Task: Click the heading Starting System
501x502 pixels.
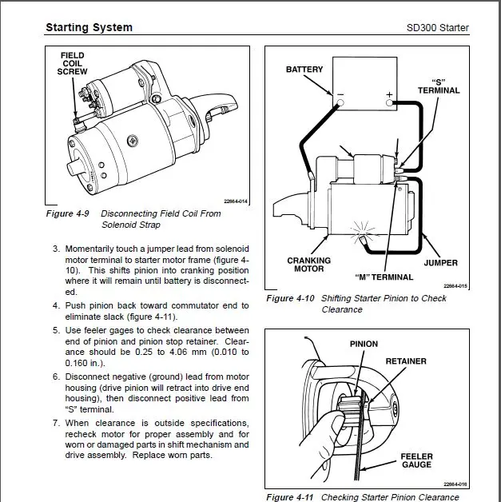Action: click(x=89, y=28)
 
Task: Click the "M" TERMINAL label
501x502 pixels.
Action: click(x=384, y=277)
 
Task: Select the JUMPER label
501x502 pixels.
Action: click(x=440, y=262)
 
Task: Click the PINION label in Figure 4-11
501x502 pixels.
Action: click(x=364, y=344)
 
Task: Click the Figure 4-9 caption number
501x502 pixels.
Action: click(x=69, y=213)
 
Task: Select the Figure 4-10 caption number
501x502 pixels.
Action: click(x=291, y=299)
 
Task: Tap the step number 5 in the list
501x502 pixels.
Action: click(x=56, y=330)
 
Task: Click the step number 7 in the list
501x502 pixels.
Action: click(x=56, y=422)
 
